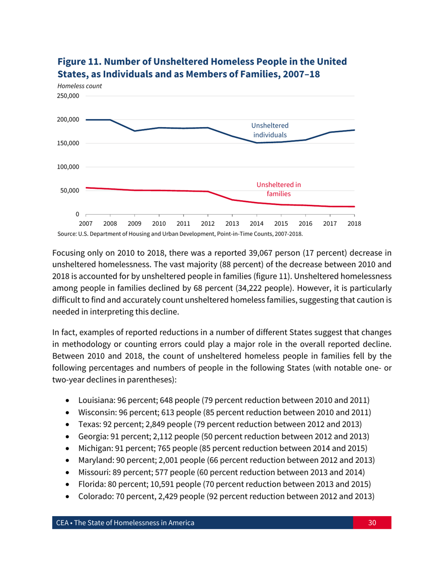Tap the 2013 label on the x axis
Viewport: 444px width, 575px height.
[232, 223]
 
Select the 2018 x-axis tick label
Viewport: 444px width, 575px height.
[354, 223]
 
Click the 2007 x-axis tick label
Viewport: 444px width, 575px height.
[86, 223]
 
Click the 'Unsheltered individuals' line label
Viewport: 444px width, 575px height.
[270, 130]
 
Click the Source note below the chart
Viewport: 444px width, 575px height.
[180, 233]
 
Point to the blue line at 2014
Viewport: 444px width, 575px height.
[257, 143]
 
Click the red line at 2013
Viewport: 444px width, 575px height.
[232, 200]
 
